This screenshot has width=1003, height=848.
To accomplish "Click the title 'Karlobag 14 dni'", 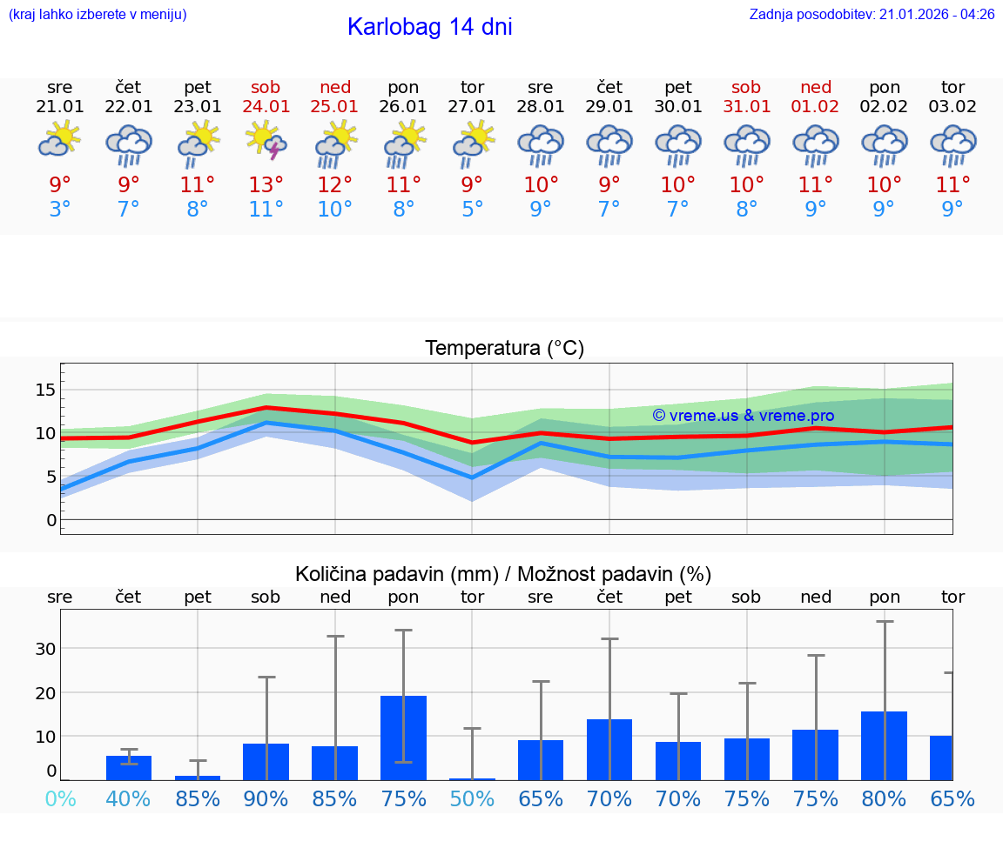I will [x=429, y=27].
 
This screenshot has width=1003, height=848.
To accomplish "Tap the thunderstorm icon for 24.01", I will [x=266, y=141].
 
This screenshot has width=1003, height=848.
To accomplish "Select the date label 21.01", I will [x=60, y=106].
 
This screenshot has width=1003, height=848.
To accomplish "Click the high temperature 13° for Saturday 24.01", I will [x=266, y=184].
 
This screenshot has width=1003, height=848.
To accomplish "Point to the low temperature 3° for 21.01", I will [x=60, y=210].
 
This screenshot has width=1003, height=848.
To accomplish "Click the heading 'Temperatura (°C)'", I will [x=504, y=349].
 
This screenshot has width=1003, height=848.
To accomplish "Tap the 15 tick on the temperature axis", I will [x=45, y=390].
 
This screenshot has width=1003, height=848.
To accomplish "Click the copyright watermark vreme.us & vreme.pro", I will [x=744, y=416].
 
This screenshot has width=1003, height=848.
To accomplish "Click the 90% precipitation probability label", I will [x=266, y=798].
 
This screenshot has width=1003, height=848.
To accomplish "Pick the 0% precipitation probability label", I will [x=60, y=798].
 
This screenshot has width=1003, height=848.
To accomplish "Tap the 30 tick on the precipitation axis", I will [x=45, y=649].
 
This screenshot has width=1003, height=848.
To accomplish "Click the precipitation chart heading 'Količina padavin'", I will [x=503, y=574].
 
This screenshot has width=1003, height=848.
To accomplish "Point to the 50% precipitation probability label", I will [x=472, y=798].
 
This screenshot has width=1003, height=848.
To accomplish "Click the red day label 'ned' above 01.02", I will [x=816, y=87].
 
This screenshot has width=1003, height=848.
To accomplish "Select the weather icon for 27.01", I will [x=473, y=144].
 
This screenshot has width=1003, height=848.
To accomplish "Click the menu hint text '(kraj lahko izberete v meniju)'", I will [x=98, y=14].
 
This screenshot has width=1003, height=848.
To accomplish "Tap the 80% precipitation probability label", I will [x=885, y=798].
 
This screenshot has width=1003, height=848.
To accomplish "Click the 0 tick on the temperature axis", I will [x=51, y=520].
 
